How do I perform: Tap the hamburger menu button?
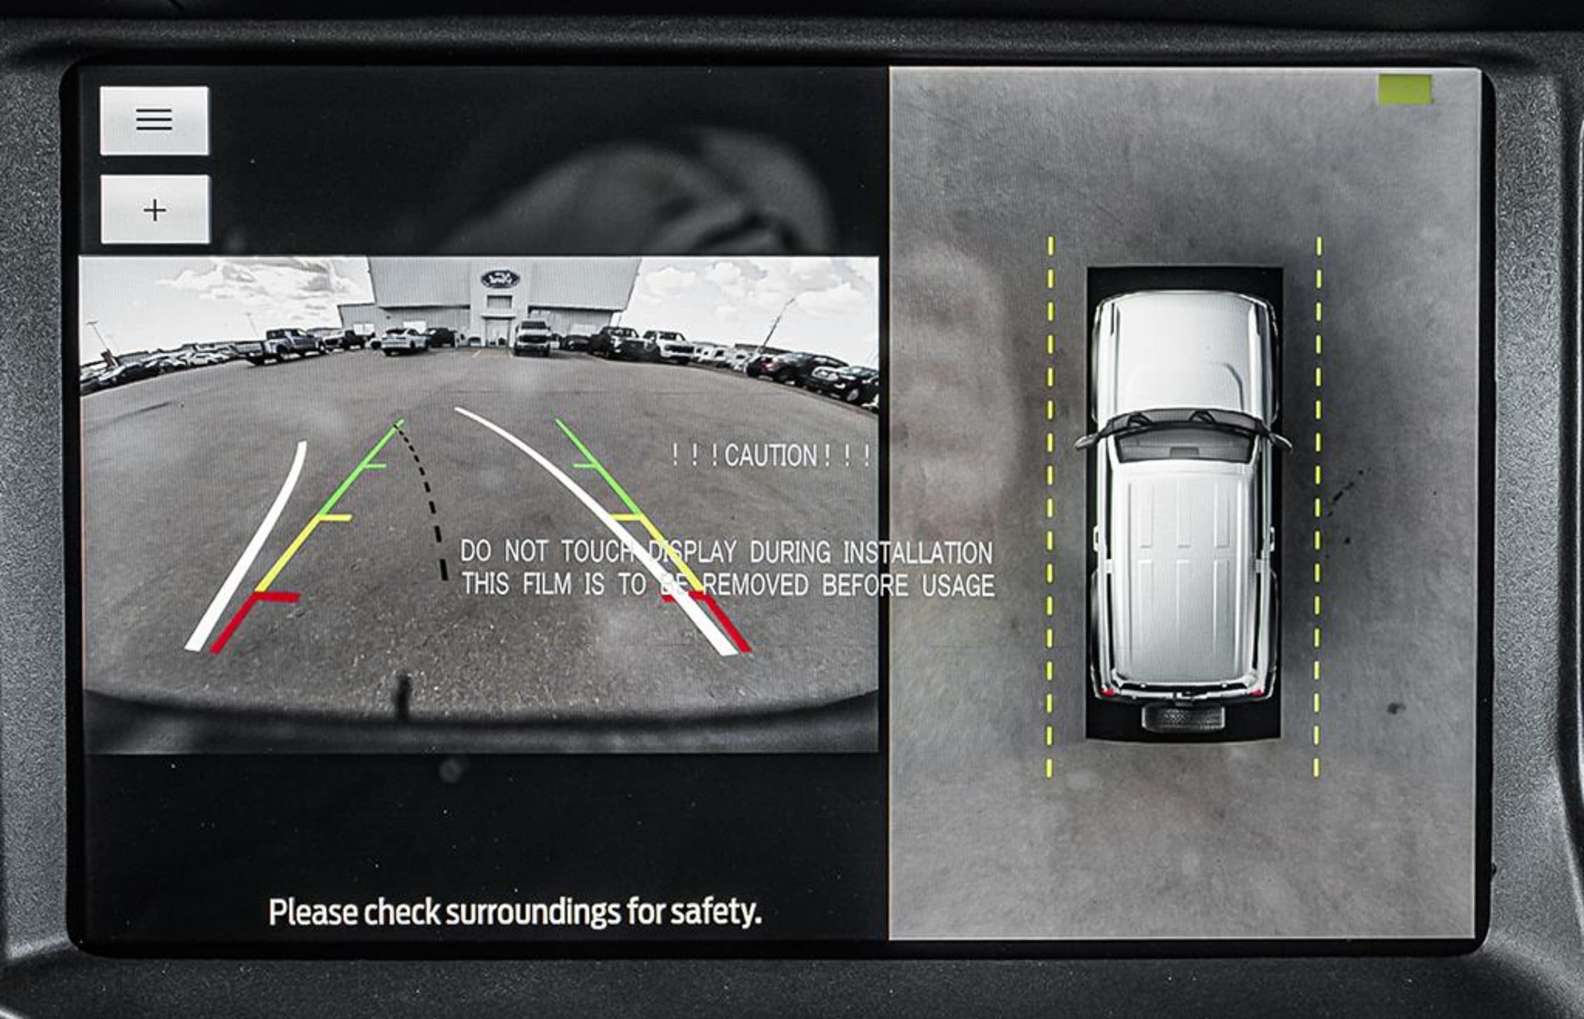[x=155, y=121]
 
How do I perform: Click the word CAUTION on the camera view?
[x=771, y=456]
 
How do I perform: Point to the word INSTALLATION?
[x=918, y=553]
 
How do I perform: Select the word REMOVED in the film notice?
[x=755, y=585]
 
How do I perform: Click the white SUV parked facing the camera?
[x=533, y=338]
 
